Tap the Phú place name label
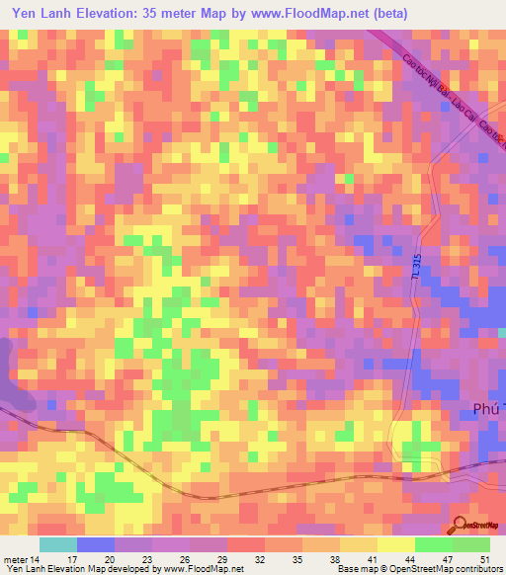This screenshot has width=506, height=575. pyautogui.click(x=483, y=408)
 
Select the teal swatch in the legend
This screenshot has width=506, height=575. pyautogui.click(x=58, y=544)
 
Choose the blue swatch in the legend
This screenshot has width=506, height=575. pyautogui.click(x=96, y=544)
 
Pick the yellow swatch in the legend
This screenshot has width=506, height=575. pyautogui.click(x=396, y=544)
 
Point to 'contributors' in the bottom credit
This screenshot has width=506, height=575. pyautogui.click(x=478, y=569)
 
